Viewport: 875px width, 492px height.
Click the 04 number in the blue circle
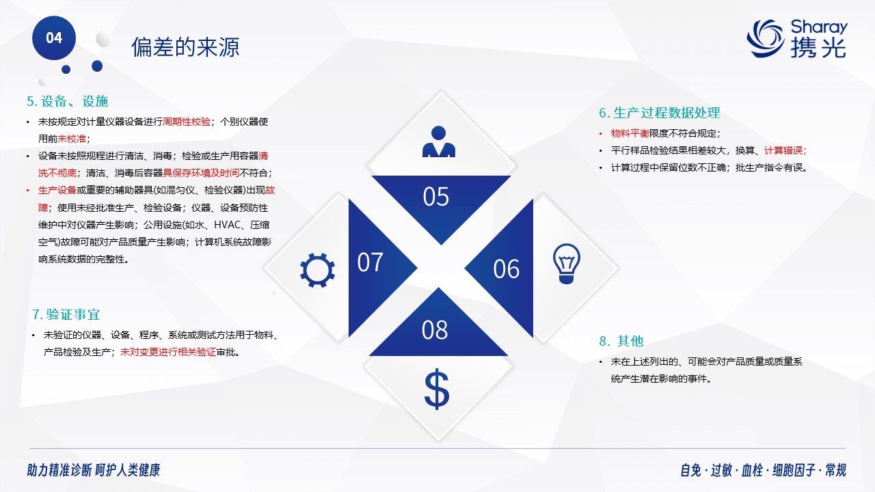54,38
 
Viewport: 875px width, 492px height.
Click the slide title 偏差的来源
185,47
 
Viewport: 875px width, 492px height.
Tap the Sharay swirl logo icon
765,39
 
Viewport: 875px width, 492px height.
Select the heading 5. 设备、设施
67,101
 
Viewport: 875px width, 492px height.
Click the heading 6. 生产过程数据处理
660,113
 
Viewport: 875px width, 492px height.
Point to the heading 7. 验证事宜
66,314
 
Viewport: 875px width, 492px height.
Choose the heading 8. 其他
621,341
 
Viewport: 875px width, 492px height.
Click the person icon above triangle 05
439,141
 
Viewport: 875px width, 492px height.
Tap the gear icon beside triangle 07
317,270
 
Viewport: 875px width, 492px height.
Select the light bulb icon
567,264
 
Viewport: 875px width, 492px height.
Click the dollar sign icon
437,389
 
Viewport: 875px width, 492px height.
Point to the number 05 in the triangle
436,196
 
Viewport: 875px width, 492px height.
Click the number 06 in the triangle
507,269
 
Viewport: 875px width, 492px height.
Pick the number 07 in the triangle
370,262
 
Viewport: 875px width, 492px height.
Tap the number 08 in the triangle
434,330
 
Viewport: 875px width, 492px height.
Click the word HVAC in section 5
228,225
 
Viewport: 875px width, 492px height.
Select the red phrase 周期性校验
187,122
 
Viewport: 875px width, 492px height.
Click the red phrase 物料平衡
630,133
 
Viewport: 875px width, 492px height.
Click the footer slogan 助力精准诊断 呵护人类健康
94,470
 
